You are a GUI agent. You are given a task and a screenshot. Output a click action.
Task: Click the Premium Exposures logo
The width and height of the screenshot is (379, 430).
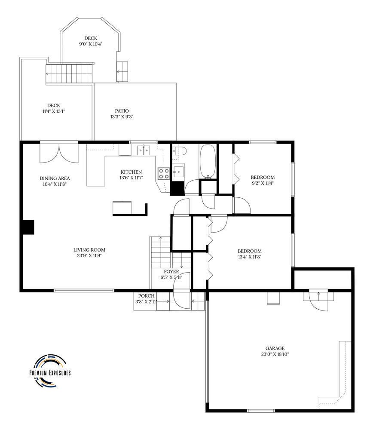coord(50,371)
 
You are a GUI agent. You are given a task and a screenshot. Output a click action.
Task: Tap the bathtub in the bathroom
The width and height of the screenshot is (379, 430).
coord(208,162)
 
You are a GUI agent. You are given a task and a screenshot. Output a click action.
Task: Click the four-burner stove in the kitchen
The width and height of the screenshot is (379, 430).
coord(163,174)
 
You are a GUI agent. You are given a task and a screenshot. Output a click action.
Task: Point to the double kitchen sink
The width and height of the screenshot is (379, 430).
coord(144,150)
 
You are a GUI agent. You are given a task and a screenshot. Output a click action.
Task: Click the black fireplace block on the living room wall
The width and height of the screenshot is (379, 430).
coord(28,227)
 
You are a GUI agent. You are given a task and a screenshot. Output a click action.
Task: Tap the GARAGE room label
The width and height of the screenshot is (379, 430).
coord(275,348)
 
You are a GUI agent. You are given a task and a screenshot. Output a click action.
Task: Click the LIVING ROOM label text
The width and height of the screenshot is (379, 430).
coord(89,250)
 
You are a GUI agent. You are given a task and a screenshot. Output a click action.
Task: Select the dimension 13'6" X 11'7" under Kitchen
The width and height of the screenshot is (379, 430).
coord(131,178)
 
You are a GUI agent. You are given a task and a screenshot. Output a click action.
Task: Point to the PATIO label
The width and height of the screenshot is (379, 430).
coord(122,111)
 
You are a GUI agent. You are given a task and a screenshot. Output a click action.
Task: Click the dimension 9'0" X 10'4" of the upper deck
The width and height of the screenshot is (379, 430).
coord(91,44)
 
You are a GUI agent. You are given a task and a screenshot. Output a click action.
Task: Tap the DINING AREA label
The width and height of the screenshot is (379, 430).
coord(55,178)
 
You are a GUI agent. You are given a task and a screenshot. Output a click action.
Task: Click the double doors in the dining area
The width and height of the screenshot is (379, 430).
coord(59,153)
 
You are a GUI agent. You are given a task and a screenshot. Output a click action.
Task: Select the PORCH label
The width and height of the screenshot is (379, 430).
coord(147,296)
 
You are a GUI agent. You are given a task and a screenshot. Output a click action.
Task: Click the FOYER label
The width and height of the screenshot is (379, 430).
coord(171,271)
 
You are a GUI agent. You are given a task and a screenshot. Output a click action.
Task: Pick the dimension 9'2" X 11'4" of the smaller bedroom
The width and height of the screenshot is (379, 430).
coord(263,183)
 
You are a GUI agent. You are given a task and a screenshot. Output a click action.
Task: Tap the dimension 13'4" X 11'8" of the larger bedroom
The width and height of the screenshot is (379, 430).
coord(250,257)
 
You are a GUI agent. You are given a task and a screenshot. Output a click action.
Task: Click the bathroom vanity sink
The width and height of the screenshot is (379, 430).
coord(178,171)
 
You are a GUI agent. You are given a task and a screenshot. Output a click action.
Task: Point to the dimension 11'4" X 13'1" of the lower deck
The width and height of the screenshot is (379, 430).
coord(54,111)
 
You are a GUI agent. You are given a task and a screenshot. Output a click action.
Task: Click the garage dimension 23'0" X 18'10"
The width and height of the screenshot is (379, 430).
coord(275,354)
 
